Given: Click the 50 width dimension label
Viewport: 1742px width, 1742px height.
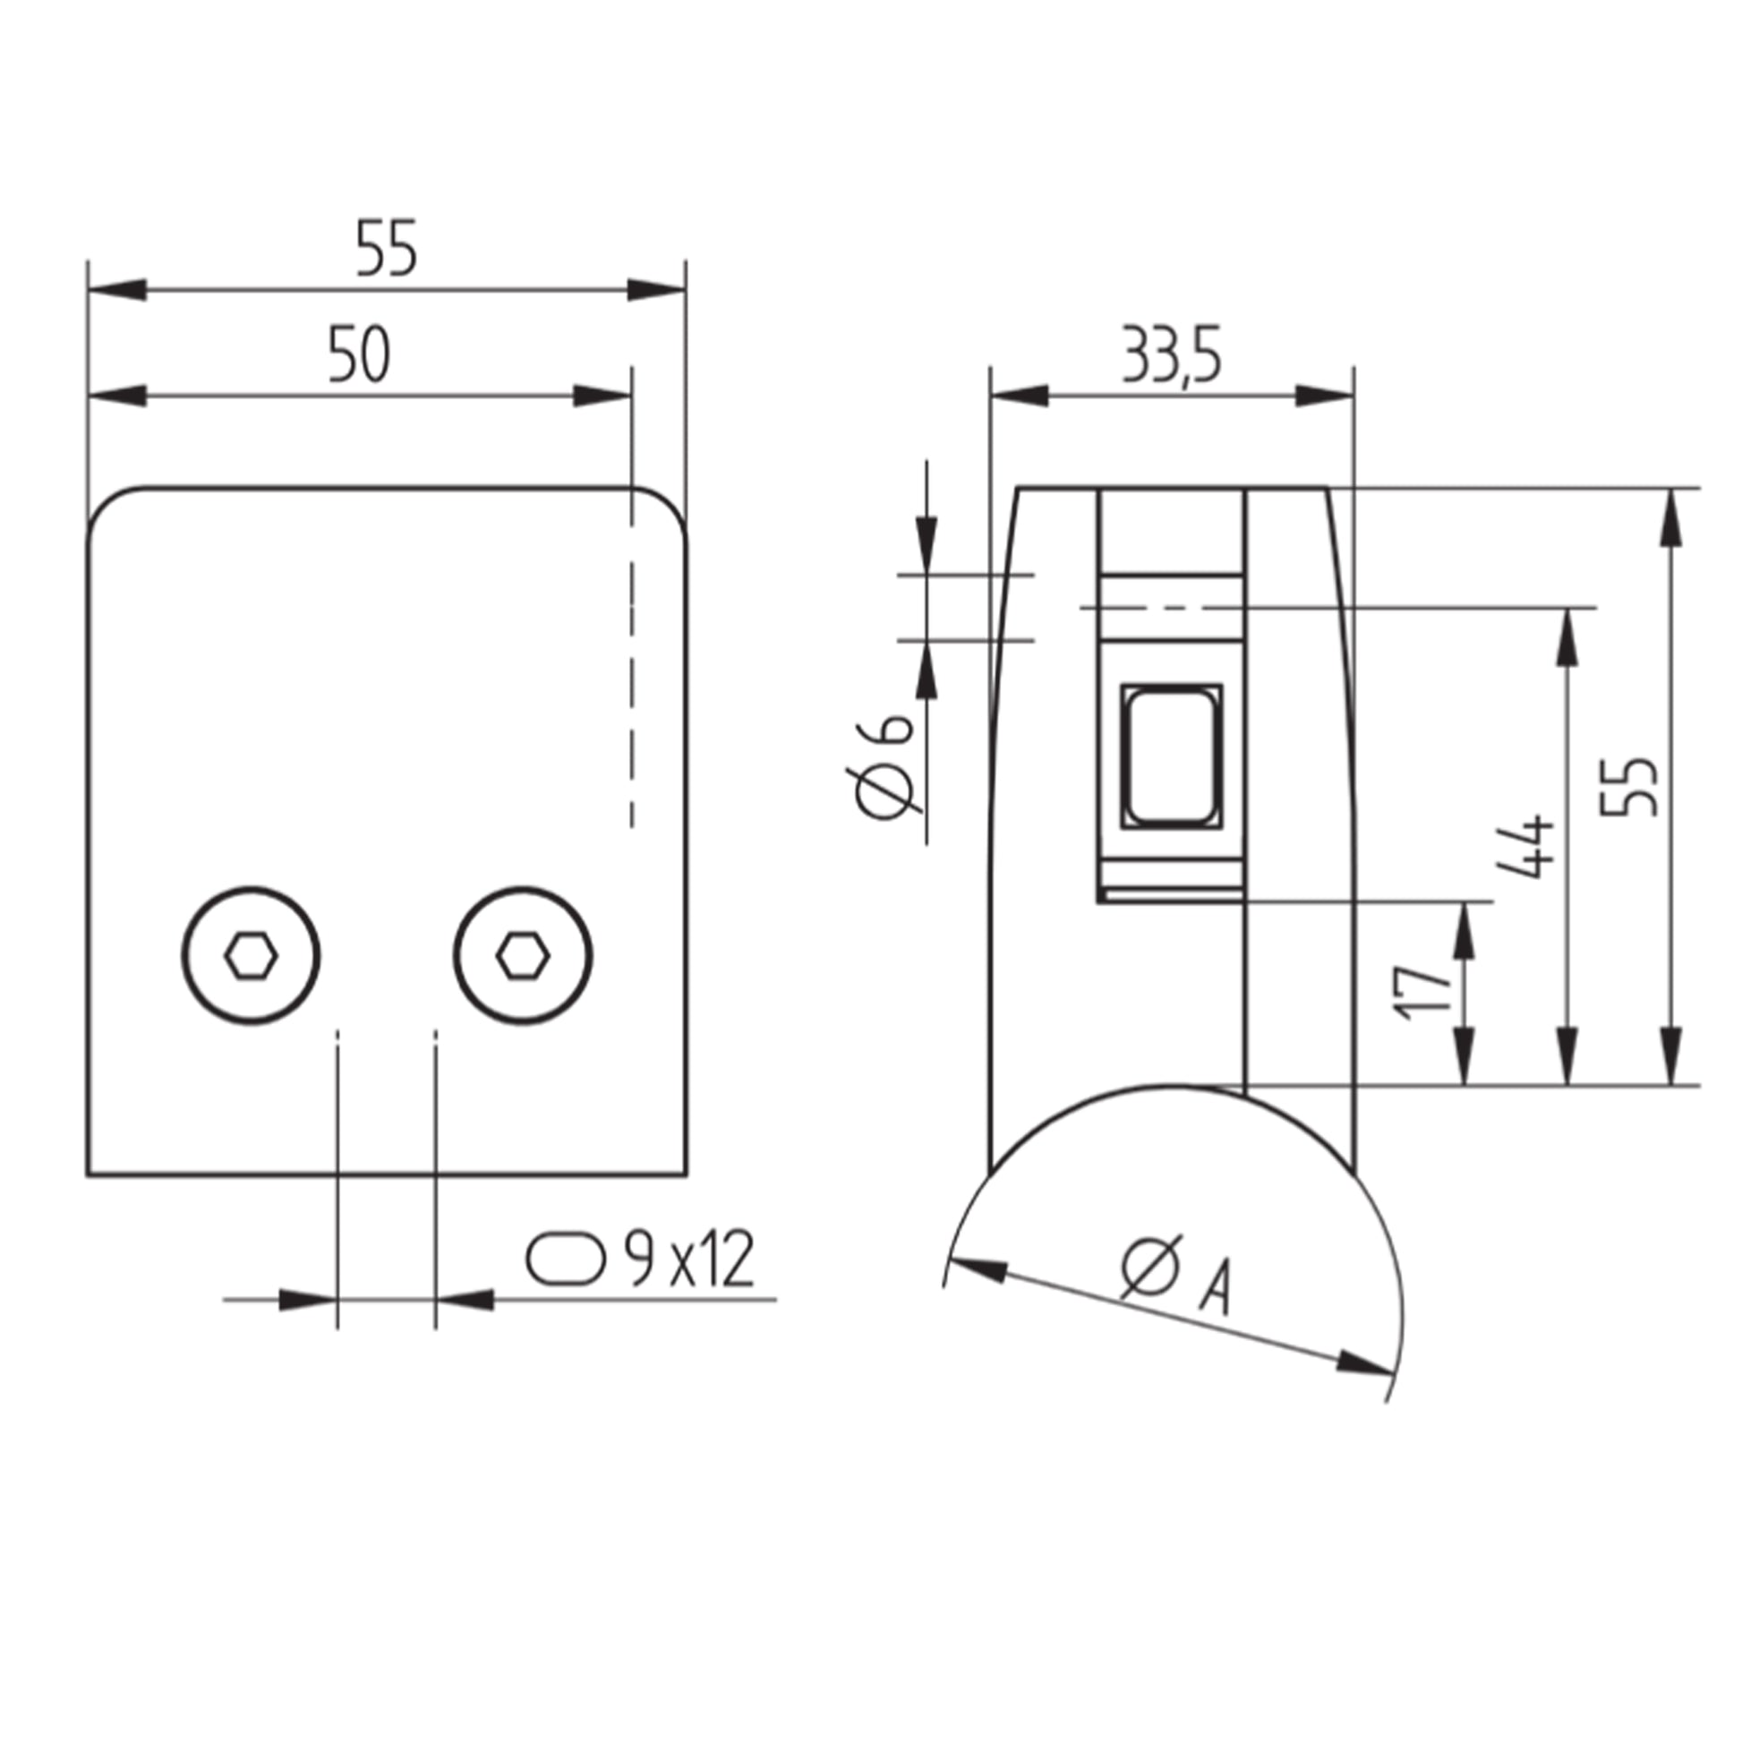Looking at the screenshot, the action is pos(359,354).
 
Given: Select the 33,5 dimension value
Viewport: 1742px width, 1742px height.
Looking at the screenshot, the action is pos(1171,355).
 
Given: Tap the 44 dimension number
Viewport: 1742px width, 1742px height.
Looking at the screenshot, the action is pos(1524,846).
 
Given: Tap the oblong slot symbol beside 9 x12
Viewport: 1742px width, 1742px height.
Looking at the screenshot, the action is pos(566,1258).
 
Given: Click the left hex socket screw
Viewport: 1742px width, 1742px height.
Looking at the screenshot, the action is pos(251,955).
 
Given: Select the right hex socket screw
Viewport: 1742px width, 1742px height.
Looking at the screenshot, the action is pos(523,955).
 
